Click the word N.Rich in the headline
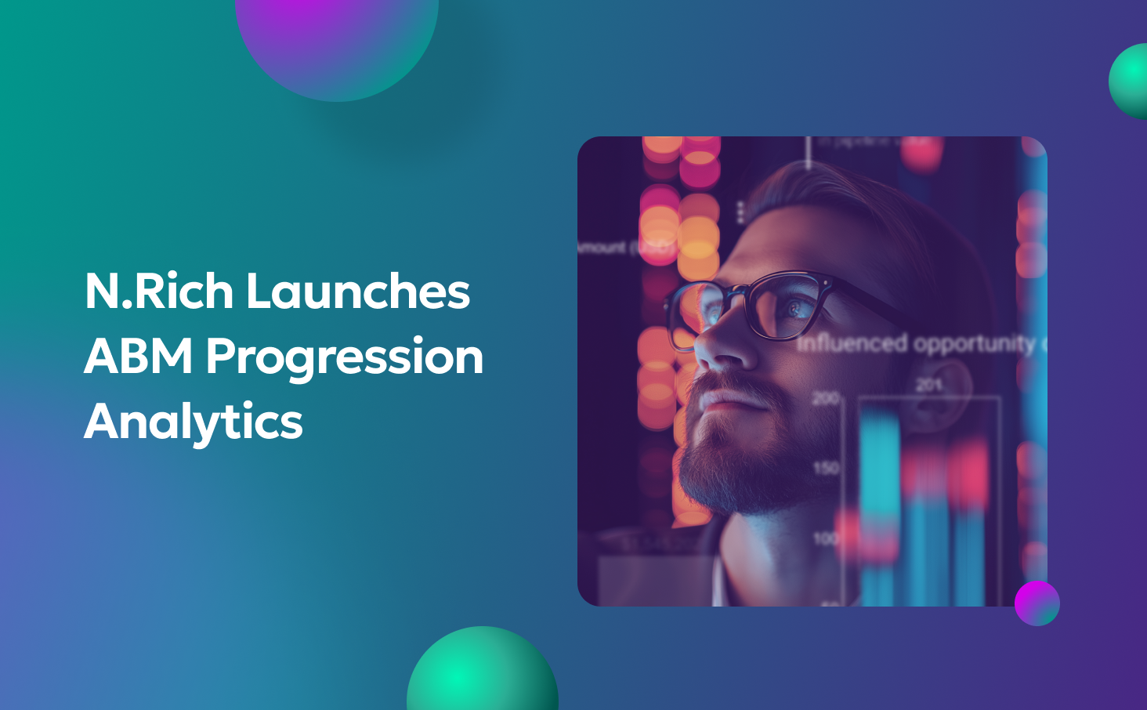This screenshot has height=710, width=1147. [159, 292]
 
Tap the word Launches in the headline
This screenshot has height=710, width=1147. [358, 292]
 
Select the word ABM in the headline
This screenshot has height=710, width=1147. [139, 357]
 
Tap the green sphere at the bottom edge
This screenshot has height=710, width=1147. [483, 673]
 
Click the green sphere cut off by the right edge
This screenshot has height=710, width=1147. [1130, 82]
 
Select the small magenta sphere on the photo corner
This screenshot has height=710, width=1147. [1037, 603]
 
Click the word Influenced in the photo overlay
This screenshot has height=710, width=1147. [852, 343]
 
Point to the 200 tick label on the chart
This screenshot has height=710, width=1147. [825, 399]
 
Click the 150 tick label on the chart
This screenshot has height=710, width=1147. [825, 468]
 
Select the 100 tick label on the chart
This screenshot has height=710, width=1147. [825, 538]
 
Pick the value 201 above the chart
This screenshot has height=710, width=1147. [929, 385]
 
